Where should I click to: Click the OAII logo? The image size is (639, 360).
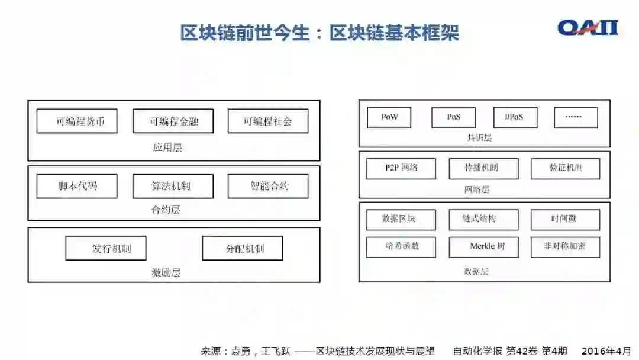[588, 28]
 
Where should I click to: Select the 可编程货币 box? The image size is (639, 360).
[77, 121]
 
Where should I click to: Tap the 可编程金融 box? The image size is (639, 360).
[173, 121]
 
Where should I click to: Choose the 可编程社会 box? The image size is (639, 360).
[267, 121]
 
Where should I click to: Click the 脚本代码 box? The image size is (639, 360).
[77, 187]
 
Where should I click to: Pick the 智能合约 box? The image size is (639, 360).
[267, 187]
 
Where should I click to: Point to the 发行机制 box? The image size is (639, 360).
[106, 249]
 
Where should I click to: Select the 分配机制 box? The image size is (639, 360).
[242, 249]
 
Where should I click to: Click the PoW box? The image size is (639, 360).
[389, 117]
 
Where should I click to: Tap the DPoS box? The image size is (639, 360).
[514, 117]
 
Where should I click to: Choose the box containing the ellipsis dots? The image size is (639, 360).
[576, 117]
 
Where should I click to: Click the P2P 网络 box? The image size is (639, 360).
[401, 168]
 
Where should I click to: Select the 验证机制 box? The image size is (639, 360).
[565, 168]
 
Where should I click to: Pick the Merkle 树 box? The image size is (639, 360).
[483, 247]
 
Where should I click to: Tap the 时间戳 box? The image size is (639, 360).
[565, 219]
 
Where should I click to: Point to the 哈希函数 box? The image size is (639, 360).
[401, 247]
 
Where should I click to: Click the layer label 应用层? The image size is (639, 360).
[167, 147]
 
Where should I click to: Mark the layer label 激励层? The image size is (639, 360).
[166, 272]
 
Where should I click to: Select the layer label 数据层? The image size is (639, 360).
[476, 271]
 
